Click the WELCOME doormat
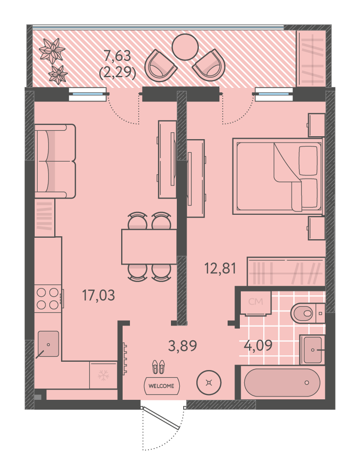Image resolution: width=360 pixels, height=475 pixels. tap(162, 386)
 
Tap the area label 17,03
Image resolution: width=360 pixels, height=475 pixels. tap(99, 295)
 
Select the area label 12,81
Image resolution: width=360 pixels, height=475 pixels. tap(220, 268)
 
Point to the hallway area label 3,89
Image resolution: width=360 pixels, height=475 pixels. tap(182, 346)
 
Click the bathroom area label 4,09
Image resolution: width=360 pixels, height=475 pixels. tap(258, 345)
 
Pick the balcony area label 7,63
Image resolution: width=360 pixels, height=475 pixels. tap(117, 56)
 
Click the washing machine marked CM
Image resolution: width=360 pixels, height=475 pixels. tap(255, 303)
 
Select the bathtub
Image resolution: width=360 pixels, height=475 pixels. tap(282, 383)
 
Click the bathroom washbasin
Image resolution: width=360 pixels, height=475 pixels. tap(312, 350)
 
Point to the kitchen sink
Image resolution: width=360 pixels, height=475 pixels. tap(48, 344)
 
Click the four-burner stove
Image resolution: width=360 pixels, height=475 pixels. tap(48, 299)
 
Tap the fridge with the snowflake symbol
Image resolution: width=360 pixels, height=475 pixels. tap(104, 375)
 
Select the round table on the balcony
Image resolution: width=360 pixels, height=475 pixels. tap(185, 47)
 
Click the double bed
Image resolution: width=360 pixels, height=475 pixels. tap(278, 176)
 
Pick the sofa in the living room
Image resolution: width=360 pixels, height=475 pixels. tap(55, 161)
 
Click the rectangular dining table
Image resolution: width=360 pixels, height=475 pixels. tap(149, 247)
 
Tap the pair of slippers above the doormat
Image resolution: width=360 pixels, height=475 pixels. tap(158, 367)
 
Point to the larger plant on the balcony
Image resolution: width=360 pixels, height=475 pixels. tap(52, 51)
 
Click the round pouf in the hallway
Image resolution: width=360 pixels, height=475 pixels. tap(209, 383)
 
